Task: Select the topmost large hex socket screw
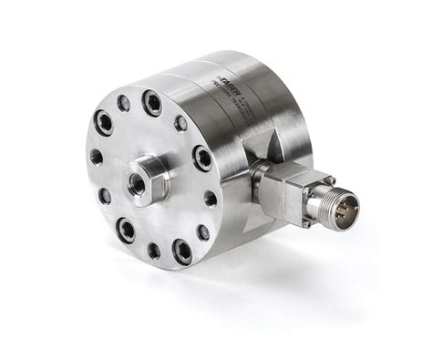click(152, 103)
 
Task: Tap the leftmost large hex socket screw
click(104, 122)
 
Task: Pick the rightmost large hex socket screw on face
click(202, 158)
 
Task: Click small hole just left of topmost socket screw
click(124, 103)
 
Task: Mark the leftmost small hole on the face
click(96, 157)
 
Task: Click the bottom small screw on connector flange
click(307, 219)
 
